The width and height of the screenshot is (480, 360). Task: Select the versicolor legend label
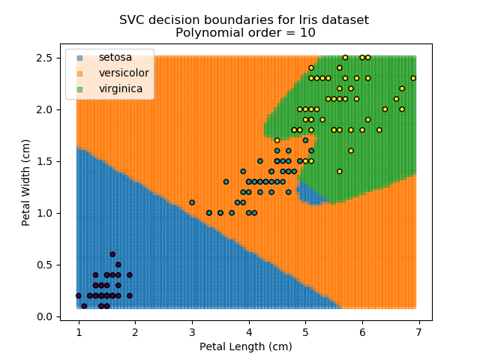pyautogui.click(x=124, y=73)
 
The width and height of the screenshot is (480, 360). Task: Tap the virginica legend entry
pyautogui.click(x=120, y=89)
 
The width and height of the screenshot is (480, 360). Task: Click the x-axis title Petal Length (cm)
pyautogui.click(x=245, y=346)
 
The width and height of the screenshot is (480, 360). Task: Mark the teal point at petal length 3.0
pyautogui.click(x=192, y=202)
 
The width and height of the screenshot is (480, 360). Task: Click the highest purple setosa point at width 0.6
pyautogui.click(x=112, y=254)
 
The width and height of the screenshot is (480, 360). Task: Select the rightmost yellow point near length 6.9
pyautogui.click(x=413, y=78)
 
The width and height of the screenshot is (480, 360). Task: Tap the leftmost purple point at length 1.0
pyautogui.click(x=79, y=295)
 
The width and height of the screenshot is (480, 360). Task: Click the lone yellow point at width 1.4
pyautogui.click(x=339, y=172)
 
